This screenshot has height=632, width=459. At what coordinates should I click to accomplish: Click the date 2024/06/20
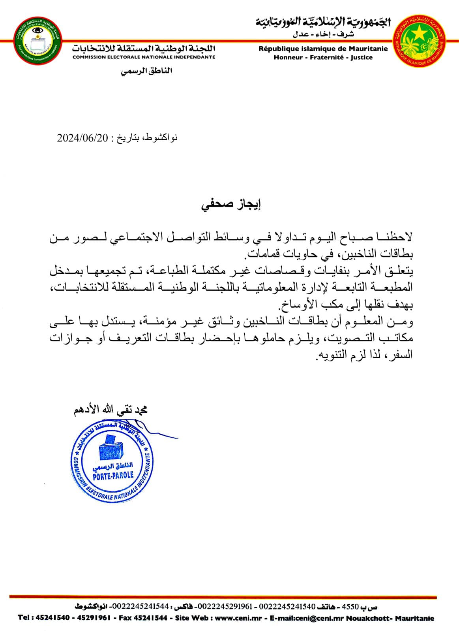coord(82,138)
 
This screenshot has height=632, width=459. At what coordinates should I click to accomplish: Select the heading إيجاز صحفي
coord(231,205)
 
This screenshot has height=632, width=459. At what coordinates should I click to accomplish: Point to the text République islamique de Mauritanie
coord(323,49)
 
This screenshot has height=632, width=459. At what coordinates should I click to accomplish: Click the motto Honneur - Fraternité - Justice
coord(323,58)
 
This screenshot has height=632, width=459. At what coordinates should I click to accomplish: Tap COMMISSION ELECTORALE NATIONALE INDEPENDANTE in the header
coord(144,57)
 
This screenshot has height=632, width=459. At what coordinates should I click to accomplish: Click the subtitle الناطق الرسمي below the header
coord(147,71)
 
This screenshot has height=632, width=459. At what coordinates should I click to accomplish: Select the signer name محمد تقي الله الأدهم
coord(111,410)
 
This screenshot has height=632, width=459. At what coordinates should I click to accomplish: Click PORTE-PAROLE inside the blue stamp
coord(113,475)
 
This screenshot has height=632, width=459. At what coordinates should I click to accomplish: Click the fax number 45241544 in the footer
coord(152,618)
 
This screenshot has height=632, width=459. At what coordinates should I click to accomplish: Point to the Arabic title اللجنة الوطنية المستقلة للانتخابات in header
coord(144,49)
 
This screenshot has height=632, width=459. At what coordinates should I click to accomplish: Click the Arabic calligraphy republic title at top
coord(322,22)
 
